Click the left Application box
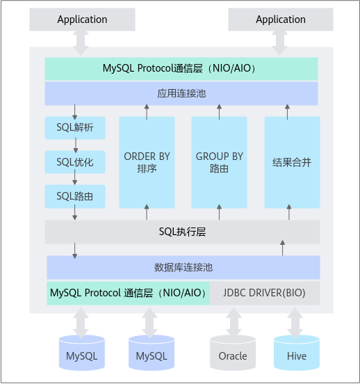82,19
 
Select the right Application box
281,19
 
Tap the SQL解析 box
75,128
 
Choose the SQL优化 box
75,162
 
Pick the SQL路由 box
75,196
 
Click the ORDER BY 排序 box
147,162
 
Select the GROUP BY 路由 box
220,162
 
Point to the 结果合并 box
292,162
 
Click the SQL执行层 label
182,232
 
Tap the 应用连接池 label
181,93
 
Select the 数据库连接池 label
183,267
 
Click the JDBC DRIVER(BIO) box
265,293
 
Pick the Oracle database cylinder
233,353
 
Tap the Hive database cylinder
297,353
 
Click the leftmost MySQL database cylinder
82,353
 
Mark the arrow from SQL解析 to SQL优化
76,145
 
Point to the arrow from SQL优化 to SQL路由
75,177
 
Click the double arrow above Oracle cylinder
234,321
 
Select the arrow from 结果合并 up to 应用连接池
287,112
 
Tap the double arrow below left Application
81,43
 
